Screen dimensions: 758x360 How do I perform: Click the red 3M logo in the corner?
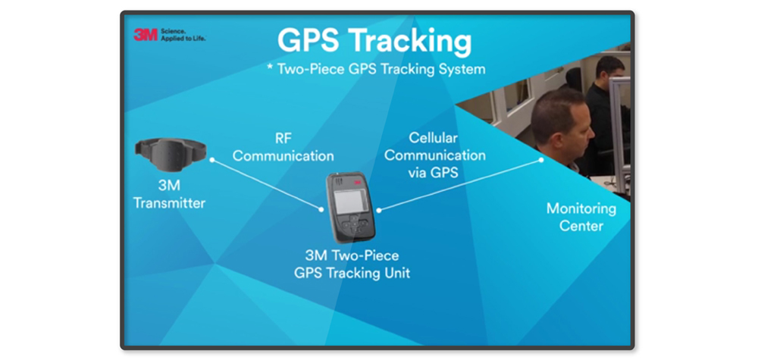[x=146, y=35]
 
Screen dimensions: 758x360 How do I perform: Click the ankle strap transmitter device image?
[x=170, y=152]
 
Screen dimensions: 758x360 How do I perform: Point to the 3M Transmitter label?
[x=169, y=194]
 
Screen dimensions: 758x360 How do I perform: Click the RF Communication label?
[x=283, y=147]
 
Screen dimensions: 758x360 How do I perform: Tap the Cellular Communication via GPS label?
[x=434, y=155]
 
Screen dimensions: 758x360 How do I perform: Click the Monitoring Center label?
[x=581, y=217]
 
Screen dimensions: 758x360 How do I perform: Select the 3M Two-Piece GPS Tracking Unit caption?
[x=352, y=264]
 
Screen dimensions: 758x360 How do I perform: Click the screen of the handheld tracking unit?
[x=352, y=201]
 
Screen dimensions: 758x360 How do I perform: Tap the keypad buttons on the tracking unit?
[x=355, y=224]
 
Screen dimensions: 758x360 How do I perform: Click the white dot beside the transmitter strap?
[x=211, y=159]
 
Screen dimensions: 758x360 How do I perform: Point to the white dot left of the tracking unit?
[x=321, y=209]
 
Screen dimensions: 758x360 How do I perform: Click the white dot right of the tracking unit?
[x=379, y=210]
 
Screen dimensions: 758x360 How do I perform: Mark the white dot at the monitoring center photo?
[x=541, y=159]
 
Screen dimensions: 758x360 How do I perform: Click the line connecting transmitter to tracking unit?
[x=266, y=184]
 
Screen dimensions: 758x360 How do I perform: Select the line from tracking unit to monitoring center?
[x=460, y=185]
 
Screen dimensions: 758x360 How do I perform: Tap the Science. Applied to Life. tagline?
[x=183, y=35]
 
